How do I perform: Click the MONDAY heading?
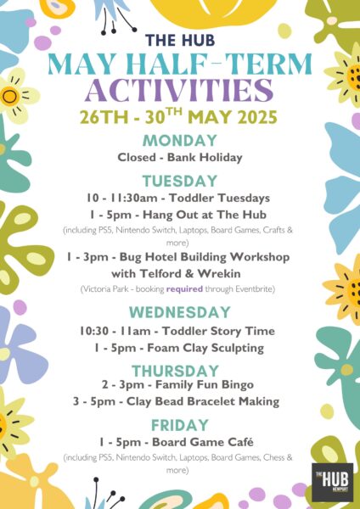coord(180,141)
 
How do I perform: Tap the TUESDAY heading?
coord(180,181)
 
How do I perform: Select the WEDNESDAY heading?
coord(180,312)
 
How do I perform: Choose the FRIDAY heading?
coord(180,425)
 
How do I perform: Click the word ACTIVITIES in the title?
coord(179,90)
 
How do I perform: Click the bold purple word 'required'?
coord(184,288)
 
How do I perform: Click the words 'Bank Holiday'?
coord(205,158)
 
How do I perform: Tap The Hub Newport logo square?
coord(332,482)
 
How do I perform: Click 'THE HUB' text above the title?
coord(180,40)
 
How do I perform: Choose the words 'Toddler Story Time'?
coord(219,331)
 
